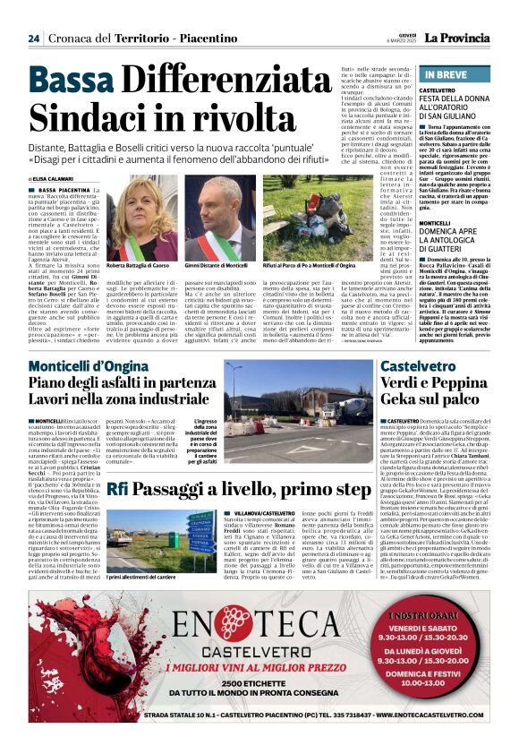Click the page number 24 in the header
[33, 39]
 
